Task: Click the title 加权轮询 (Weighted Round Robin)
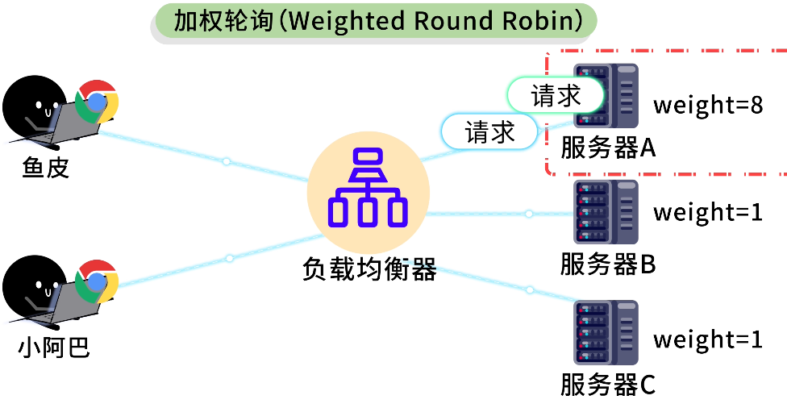(373, 20)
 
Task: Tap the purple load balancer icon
(368, 188)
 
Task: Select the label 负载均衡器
(369, 269)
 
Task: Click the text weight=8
(707, 106)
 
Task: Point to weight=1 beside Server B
(707, 213)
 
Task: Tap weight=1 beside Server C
(707, 339)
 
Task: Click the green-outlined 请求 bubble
(556, 96)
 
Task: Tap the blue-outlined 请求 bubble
(489, 131)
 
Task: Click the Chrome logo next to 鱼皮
(97, 102)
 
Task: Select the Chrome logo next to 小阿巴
(97, 281)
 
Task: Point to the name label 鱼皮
(46, 168)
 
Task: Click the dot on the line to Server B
(529, 214)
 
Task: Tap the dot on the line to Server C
(530, 289)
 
